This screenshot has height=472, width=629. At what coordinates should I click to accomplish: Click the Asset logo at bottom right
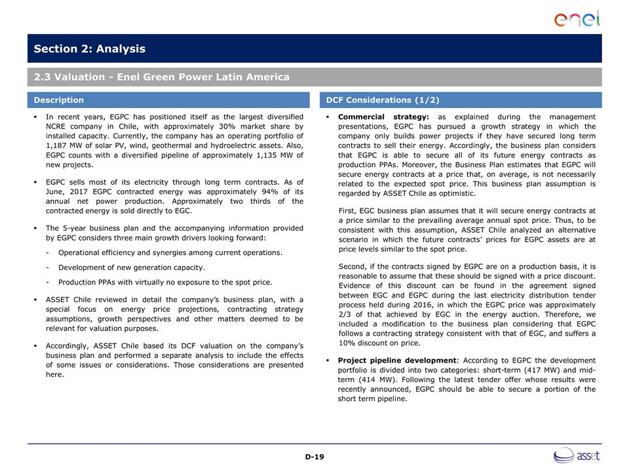pyautogui.click(x=577, y=455)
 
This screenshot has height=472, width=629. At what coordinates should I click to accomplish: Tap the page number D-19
pyautogui.click(x=314, y=456)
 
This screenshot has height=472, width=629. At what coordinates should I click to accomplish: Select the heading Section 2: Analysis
pyautogui.click(x=90, y=49)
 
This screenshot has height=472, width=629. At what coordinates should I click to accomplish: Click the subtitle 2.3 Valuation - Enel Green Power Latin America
pyautogui.click(x=162, y=77)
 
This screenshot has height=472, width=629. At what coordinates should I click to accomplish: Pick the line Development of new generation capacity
pyautogui.click(x=131, y=267)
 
